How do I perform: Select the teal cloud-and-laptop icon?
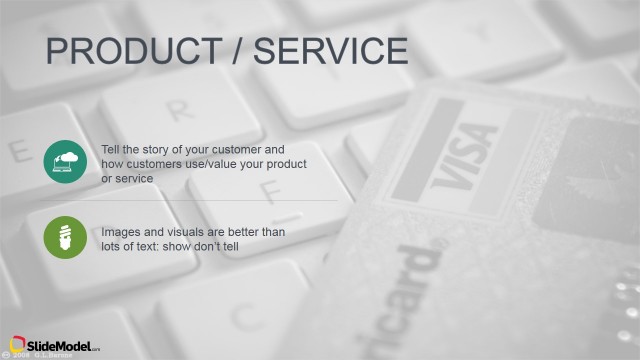pos(65,161)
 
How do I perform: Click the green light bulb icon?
pos(65,237)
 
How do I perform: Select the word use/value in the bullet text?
pos(224,164)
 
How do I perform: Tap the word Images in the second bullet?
pos(120,232)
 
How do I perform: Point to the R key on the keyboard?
pos(179,108)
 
